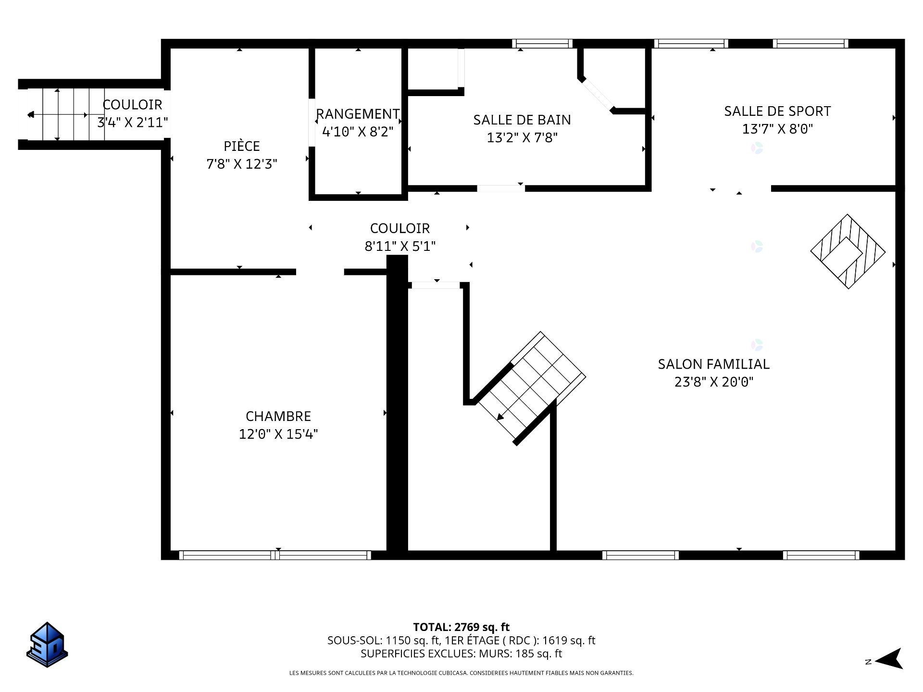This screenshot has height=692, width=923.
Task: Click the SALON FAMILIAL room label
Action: tap(713, 364)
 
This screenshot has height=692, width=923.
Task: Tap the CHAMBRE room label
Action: tap(278, 416)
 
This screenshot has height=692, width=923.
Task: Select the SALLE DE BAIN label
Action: tap(522, 120)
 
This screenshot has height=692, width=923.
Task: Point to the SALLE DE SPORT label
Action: tap(777, 111)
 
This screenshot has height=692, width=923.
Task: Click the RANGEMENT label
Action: tap(358, 114)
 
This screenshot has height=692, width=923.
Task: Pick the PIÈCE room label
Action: tap(242, 146)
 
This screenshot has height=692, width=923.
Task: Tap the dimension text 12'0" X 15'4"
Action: tap(278, 434)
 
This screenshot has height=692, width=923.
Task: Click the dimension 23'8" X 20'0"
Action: tap(714, 382)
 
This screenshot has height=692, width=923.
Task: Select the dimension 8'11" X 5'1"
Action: tap(400, 246)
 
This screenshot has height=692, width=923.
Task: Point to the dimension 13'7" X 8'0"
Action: tap(777, 129)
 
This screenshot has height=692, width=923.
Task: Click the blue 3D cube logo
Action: tap(47, 644)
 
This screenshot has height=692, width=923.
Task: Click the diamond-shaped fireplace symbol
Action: tap(848, 251)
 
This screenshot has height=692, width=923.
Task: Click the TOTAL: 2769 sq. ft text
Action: tap(461, 627)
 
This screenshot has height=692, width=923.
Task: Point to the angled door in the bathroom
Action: tap(598, 94)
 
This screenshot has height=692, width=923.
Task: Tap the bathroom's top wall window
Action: tap(542, 44)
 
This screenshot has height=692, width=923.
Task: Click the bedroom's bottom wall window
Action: tap(275, 555)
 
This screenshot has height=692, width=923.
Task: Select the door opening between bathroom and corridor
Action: tap(501, 188)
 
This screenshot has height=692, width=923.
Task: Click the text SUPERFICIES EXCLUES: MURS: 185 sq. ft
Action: tap(461, 654)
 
